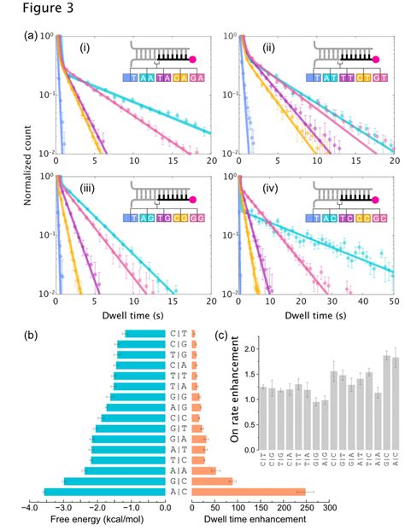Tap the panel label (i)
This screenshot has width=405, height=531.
pyautogui.click(x=85, y=48)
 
